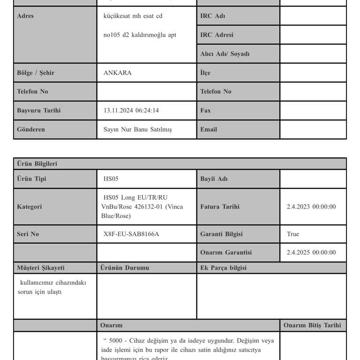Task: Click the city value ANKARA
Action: [x=117, y=73]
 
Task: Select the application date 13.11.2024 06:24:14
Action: [x=131, y=111]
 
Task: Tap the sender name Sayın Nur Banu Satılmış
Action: [x=137, y=129]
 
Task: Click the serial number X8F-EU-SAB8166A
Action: [x=131, y=234]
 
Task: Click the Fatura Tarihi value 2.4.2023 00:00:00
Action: [x=311, y=207]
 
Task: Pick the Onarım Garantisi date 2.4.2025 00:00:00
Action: [x=311, y=252]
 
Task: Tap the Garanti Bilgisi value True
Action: [x=292, y=234]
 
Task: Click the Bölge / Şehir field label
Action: [x=36, y=73]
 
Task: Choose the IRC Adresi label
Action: [x=217, y=35]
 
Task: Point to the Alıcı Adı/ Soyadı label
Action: [x=225, y=54]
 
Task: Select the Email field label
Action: [x=209, y=129]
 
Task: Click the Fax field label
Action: [x=205, y=111]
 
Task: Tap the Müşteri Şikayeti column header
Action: [x=41, y=268]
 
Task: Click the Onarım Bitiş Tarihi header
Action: [x=312, y=325]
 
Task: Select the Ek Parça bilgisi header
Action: [x=223, y=268]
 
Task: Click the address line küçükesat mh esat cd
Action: [x=133, y=16]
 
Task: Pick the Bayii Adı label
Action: [x=214, y=179]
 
